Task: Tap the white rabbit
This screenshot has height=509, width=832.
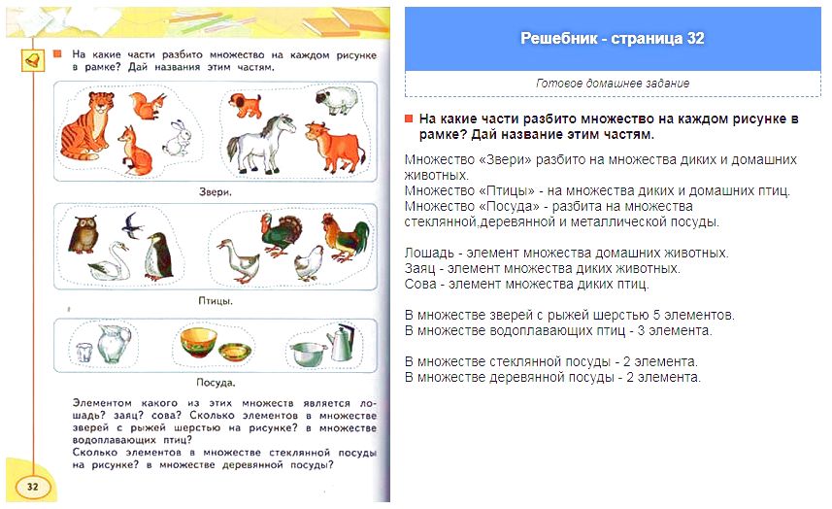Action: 178,138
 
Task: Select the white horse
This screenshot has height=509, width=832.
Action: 260,144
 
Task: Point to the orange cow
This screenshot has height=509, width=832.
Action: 334,146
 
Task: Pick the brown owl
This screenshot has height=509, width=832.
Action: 83,234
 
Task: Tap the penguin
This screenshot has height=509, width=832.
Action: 158,256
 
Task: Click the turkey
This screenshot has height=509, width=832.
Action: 282,234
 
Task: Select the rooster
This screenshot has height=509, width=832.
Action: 345,237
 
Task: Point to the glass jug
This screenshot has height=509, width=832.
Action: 114,344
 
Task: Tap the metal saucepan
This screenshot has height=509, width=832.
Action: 309,354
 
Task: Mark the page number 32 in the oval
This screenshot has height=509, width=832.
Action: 32,487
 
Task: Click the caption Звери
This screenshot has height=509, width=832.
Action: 215,192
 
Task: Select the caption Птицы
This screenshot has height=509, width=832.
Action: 215,301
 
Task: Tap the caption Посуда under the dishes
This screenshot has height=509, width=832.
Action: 216,382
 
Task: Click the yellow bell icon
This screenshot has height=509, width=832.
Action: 32,60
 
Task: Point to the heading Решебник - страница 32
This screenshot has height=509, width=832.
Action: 613,39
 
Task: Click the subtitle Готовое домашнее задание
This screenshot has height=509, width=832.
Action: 613,84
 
